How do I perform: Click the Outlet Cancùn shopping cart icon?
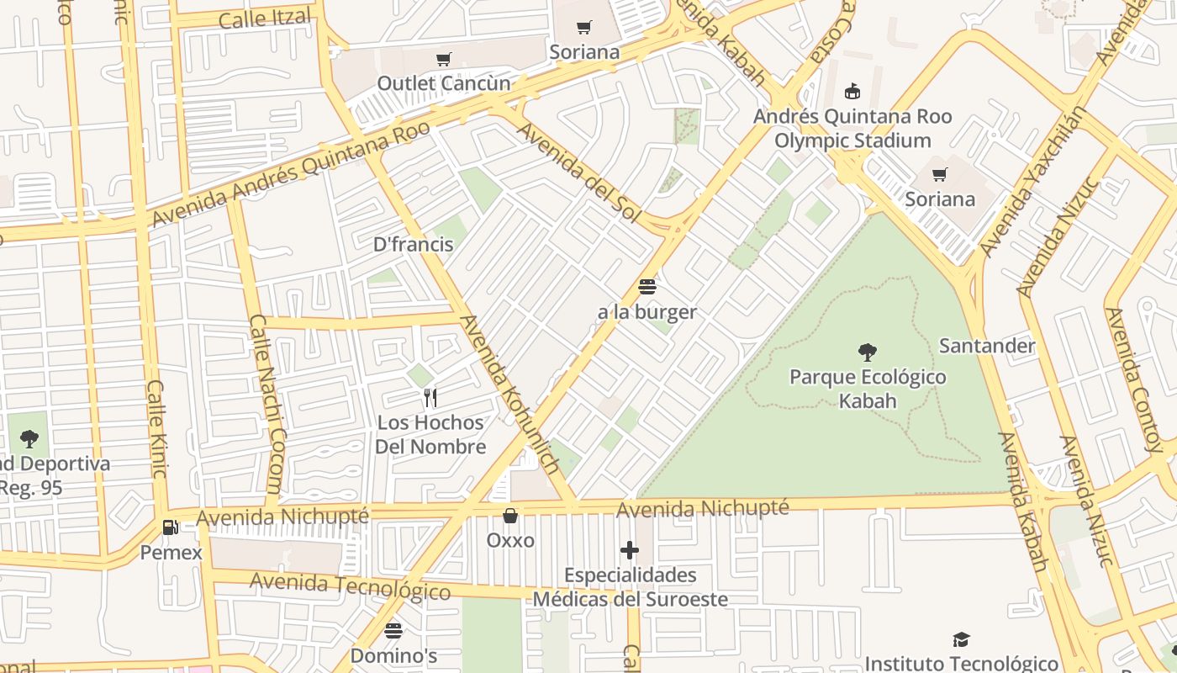444,59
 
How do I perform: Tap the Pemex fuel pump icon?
170,527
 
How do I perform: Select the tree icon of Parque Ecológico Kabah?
868,352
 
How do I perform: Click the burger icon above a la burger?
647,287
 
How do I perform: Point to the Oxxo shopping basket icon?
509,515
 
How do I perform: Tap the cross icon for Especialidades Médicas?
630,551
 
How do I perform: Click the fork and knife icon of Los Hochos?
430,397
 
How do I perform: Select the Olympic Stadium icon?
852,91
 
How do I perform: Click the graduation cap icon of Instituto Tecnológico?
961,640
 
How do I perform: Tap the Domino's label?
393,654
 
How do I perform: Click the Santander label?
987,346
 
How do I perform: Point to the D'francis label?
413,245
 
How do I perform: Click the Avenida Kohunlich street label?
510,395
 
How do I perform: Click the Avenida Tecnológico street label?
350,586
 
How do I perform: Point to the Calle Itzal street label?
264,19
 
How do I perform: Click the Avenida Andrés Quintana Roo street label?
290,174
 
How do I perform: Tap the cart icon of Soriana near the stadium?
939,175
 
